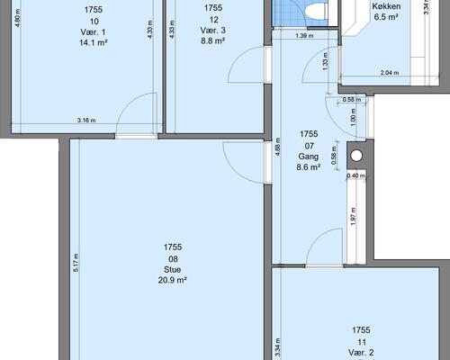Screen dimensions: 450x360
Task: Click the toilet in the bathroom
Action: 316,11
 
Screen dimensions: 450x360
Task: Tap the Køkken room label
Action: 386,6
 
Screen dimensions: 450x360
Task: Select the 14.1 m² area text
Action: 94,42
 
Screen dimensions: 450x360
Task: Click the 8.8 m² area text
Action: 213,40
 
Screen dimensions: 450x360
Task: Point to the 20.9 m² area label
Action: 173,280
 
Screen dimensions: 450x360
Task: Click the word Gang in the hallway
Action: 309,157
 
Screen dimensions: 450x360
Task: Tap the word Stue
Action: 173,269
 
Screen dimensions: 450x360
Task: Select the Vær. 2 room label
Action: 361,353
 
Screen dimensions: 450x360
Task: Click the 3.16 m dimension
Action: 86,121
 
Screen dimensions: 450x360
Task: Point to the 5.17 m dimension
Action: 76,263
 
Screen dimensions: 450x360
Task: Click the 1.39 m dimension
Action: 304,36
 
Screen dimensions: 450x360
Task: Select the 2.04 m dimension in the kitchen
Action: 390,73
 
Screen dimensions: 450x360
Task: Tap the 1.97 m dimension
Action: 353,216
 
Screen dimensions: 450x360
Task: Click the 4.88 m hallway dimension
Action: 278,147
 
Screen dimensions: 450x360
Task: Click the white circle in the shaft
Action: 356,156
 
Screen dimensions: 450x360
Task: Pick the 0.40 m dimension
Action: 356,175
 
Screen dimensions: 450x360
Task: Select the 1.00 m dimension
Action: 353,116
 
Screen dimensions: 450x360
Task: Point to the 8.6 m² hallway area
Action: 309,167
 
